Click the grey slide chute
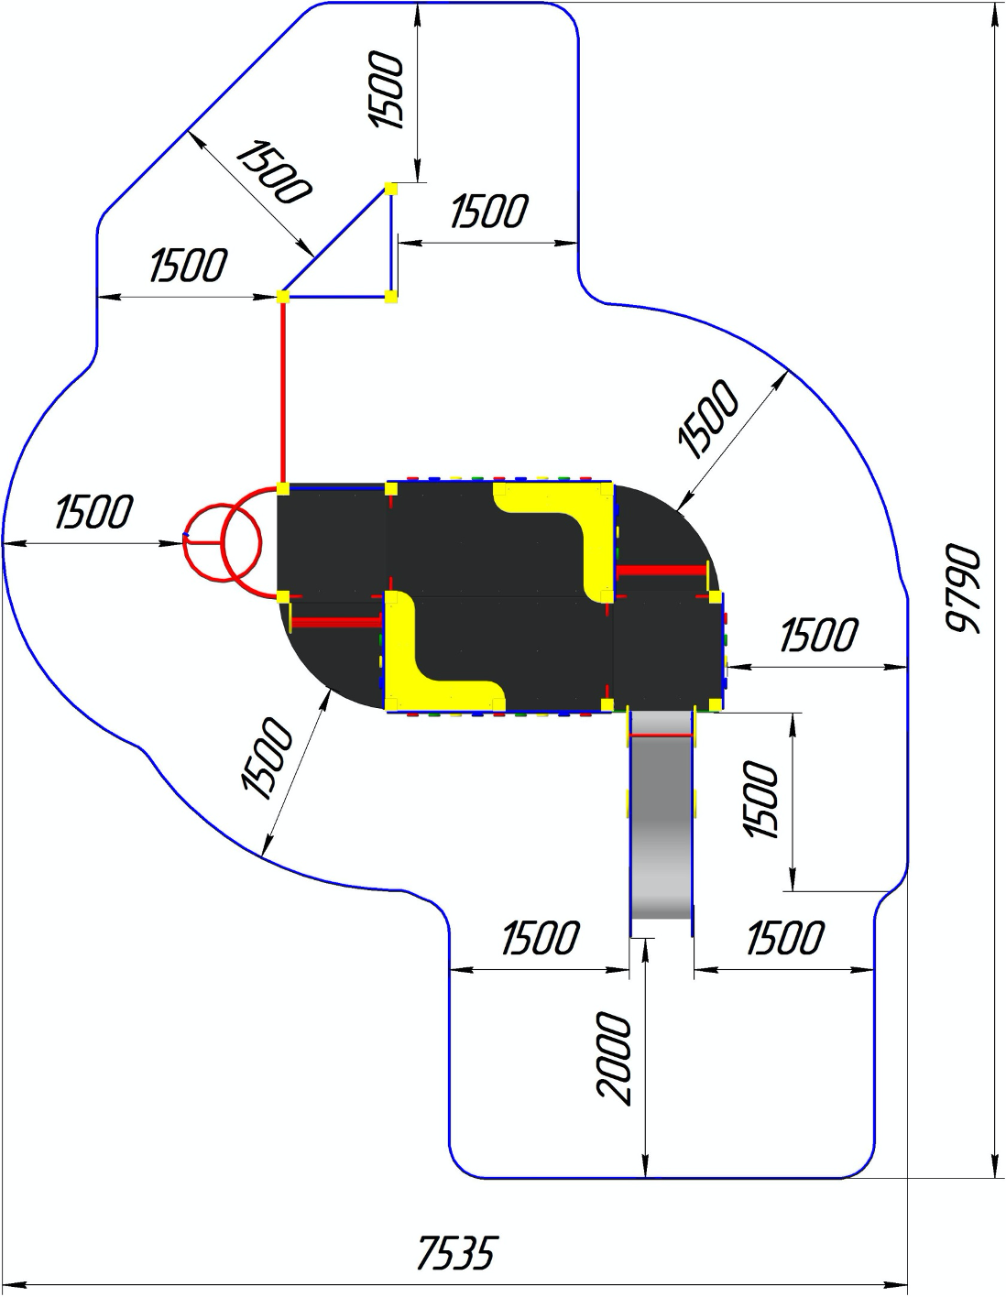661,824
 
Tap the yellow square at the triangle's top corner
391,189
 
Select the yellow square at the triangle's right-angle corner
391,296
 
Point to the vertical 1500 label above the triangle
385,92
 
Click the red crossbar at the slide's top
661,736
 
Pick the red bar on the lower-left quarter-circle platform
335,623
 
